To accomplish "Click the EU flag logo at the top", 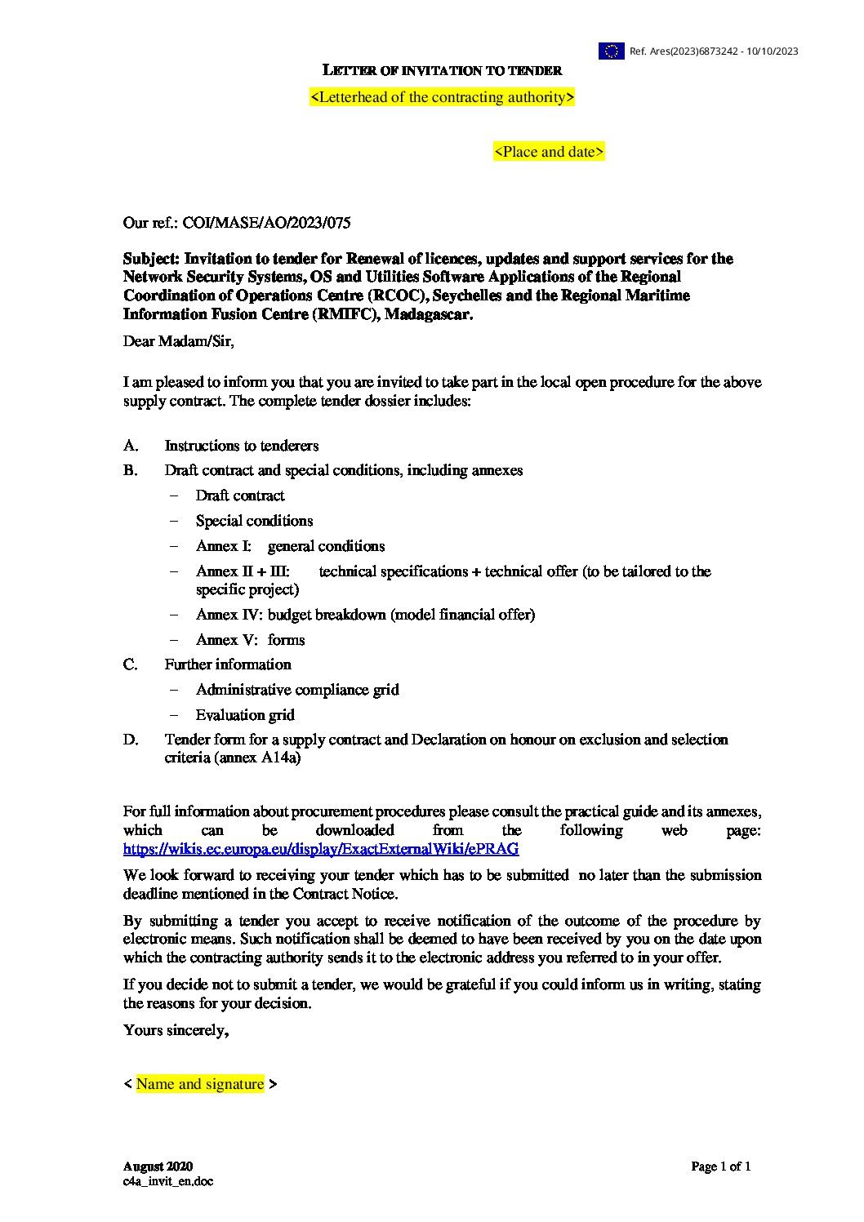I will pos(611,51).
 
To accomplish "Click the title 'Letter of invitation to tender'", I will pos(442,70).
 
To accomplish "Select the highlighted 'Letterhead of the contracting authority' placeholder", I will pos(442,97).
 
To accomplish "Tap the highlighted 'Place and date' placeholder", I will pos(549,152).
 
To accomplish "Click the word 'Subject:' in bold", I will pos(151,259).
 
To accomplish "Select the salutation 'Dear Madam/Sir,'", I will pos(179,341).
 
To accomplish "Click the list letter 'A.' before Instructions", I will pos(131,446).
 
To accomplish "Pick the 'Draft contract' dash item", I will pos(240,495).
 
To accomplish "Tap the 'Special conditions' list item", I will pos(254,521).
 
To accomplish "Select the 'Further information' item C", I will pos(228,664).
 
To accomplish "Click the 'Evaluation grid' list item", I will pos(245,715).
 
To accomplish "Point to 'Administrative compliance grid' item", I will pos(297,690).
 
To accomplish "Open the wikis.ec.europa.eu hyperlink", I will pos(321,849).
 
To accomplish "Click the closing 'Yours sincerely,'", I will pos(176,1030).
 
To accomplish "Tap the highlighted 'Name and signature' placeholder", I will pos(200,1084).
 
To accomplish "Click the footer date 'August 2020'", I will pos(158,1166).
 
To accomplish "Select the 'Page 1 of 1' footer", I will pos(720,1166).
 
